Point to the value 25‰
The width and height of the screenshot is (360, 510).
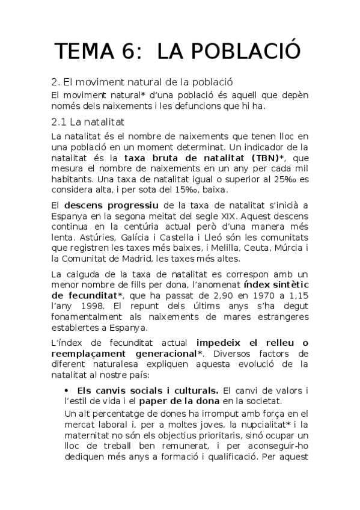pyautogui.click(x=281, y=180)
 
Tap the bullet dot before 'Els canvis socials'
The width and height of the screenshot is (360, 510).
pyautogui.click(x=66, y=391)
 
